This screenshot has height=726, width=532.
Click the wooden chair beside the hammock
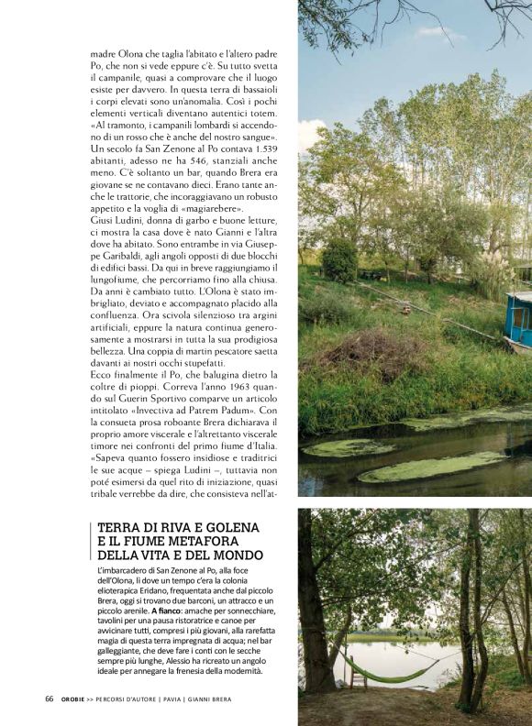pyautogui.click(x=355, y=676)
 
